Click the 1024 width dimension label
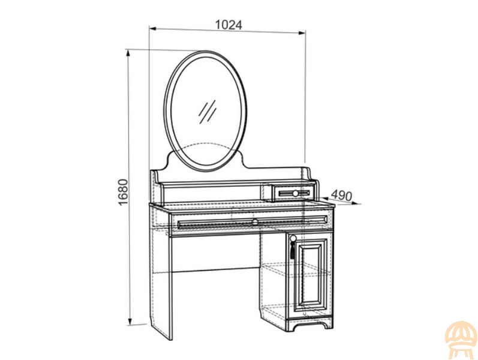[x=229, y=25]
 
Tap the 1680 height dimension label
[x=123, y=192]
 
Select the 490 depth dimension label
[x=341, y=195]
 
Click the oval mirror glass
[x=205, y=111]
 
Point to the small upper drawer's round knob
[x=295, y=193]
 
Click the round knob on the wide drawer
[x=255, y=221]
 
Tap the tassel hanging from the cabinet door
[x=292, y=250]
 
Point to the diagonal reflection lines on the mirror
[x=208, y=112]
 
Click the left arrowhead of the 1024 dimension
[x=152, y=29]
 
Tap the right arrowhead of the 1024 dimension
[x=302, y=32]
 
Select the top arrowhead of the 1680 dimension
[x=128, y=53]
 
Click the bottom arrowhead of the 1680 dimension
[x=130, y=322]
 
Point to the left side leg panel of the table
[x=161, y=272]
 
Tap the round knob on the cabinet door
[x=293, y=239]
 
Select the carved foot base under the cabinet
[x=310, y=324]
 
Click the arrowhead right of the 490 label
[x=358, y=204]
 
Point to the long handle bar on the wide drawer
[x=252, y=222]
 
